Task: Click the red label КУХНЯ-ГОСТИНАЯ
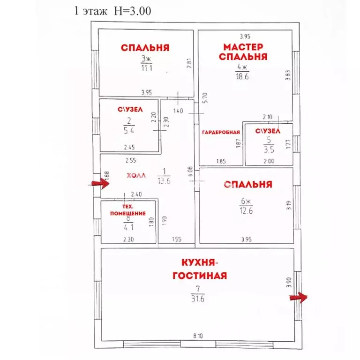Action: coord(200,269)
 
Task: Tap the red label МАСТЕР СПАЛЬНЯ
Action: coord(243,52)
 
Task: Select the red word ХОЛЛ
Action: coord(136,176)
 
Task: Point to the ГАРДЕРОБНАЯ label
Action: coord(221,132)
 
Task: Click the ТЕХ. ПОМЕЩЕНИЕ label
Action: coord(128,210)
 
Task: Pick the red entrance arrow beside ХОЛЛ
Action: coord(100,183)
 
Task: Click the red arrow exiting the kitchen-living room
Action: coord(298,298)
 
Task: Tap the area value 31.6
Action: coord(198,299)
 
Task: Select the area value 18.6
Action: coord(242,76)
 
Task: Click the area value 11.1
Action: coord(146,68)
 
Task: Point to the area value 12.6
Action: coord(246,210)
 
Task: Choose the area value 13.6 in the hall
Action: coord(164,181)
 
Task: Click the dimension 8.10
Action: coord(198,336)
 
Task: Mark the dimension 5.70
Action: coord(205,98)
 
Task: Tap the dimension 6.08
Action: coord(190,172)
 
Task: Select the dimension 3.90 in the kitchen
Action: coord(289,282)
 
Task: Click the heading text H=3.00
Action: coord(133,11)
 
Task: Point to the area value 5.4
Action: coord(129,131)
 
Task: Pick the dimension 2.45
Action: coord(129,147)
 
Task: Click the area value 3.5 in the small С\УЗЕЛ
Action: coord(269,150)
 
